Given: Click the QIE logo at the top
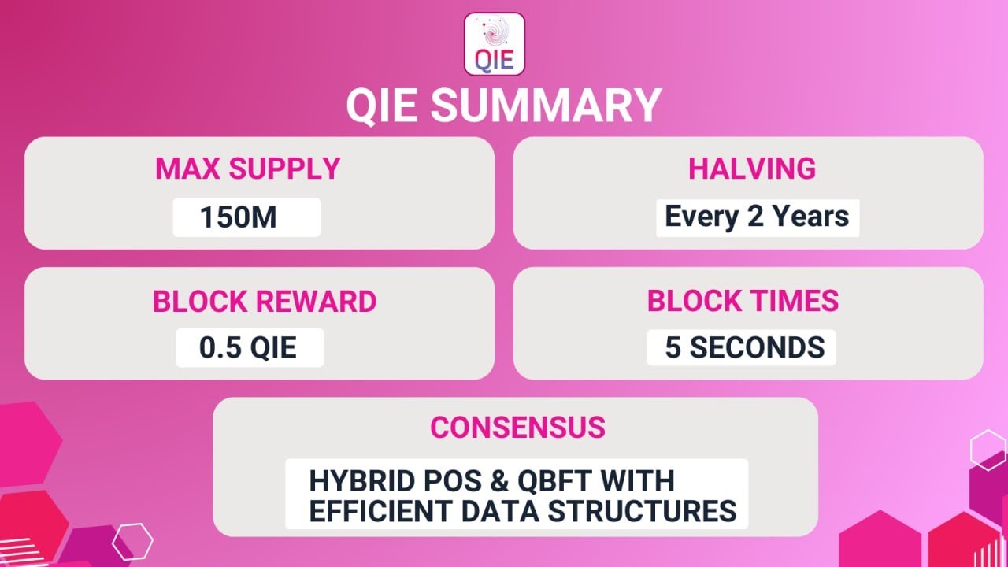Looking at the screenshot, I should tap(495, 44).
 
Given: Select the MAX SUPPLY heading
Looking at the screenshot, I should tap(247, 169).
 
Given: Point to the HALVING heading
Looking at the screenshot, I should tap(752, 169).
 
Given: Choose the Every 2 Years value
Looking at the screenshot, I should tap(757, 217).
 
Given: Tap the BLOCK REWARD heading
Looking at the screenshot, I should tap(265, 302).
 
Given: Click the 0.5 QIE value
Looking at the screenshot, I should tap(248, 347).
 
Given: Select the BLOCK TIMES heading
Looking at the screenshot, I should tap(743, 301).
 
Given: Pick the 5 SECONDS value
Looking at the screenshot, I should tap(744, 347).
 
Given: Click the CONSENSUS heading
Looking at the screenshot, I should tap(517, 427).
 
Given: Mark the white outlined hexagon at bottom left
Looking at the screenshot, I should tap(132, 542).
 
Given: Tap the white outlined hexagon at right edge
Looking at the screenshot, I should tap(988, 450).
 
